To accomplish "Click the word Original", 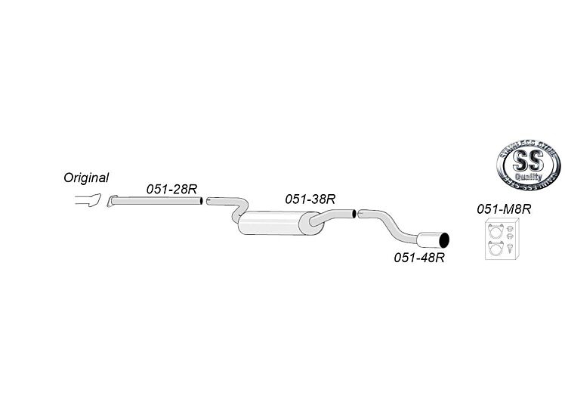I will pos(86,178).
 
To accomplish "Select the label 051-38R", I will pos(310,199).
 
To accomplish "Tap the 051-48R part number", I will pos(418,258).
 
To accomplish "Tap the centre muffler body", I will pos(272,224).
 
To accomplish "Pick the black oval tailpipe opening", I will pos(446,241).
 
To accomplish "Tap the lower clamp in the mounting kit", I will pos(496,250).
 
